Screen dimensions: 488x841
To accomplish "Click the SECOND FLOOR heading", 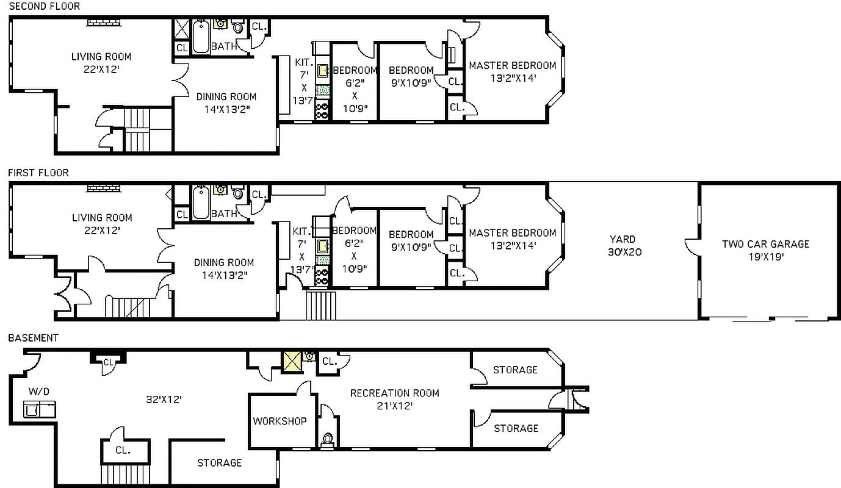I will pyautogui.click(x=44, y=6).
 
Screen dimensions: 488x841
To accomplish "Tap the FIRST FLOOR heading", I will pyautogui.click(x=38, y=173).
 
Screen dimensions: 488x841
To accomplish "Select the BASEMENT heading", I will pyautogui.click(x=33, y=338).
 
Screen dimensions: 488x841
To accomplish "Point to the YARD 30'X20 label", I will pyautogui.click(x=623, y=245).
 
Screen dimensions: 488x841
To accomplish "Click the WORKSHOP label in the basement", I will pyautogui.click(x=280, y=421).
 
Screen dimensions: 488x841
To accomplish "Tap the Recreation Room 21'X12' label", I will pyautogui.click(x=394, y=399).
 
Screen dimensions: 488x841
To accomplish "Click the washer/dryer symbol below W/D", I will pyautogui.click(x=39, y=409).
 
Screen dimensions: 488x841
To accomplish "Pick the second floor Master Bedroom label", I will pyautogui.click(x=512, y=71).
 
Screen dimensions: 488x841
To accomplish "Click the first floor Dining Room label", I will pyautogui.click(x=224, y=268).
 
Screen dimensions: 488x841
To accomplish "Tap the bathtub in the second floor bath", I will pyautogui.click(x=201, y=37).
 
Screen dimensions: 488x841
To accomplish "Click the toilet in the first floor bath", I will pyautogui.click(x=238, y=194).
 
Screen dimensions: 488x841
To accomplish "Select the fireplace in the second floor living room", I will pyautogui.click(x=105, y=23).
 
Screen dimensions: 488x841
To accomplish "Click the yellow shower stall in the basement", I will pyautogui.click(x=292, y=361).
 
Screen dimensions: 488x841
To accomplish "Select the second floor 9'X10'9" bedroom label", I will pyautogui.click(x=411, y=76).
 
